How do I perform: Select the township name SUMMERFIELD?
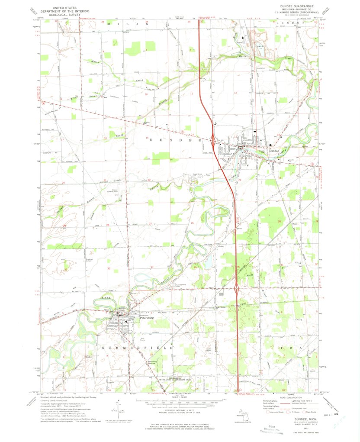pos(138,348)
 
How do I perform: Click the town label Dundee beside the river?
pos(273,150)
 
